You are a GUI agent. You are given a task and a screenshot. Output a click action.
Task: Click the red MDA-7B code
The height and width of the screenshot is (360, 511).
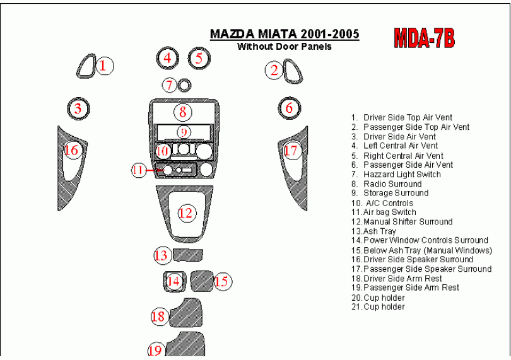[x=424, y=38]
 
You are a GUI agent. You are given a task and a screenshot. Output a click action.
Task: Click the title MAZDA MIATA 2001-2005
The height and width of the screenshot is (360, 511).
[x=285, y=34]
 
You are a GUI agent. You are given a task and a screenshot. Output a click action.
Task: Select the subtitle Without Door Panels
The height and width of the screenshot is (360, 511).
[x=285, y=47]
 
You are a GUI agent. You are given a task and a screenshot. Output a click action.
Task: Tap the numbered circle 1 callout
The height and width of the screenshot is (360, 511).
[x=103, y=66]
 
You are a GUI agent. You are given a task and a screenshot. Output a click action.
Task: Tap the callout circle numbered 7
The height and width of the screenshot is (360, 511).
[x=170, y=85]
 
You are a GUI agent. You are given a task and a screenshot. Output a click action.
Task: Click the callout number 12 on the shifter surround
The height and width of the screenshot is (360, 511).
[x=186, y=213]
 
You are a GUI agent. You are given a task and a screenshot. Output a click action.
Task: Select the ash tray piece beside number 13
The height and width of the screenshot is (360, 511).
[x=188, y=255]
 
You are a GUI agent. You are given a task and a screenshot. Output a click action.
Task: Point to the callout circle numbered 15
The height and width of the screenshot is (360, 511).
[x=222, y=281]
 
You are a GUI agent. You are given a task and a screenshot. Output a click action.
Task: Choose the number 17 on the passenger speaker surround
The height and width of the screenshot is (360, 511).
[x=291, y=151]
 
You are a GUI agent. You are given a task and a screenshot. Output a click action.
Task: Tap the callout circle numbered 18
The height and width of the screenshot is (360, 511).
[x=159, y=316]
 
